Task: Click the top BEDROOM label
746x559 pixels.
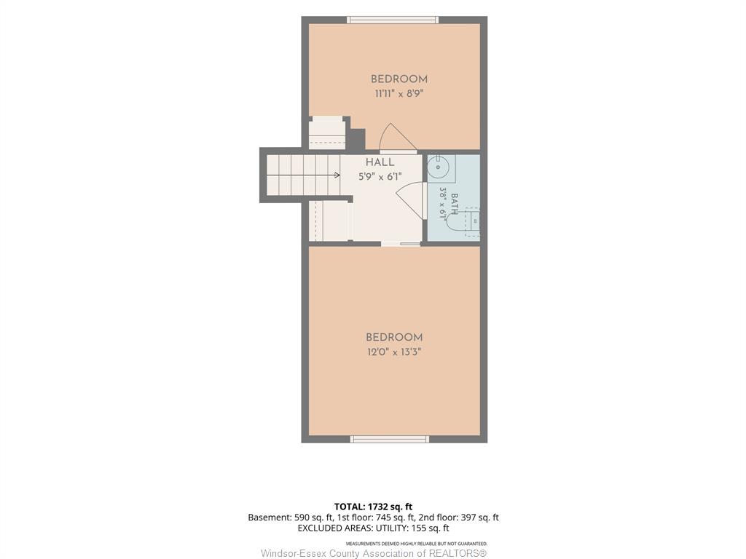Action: click(398, 79)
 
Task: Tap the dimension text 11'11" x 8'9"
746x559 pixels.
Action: click(398, 94)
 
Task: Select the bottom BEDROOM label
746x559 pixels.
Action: click(394, 338)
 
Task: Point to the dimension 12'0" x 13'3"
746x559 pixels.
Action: click(394, 352)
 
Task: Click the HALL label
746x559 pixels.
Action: click(380, 162)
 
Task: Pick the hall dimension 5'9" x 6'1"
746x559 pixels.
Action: click(380, 177)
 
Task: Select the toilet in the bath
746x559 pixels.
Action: click(463, 222)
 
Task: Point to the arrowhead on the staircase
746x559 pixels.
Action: click(337, 175)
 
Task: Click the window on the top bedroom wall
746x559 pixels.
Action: click(393, 20)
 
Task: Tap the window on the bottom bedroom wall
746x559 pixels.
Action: click(390, 439)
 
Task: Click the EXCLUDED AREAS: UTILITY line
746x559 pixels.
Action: click(373, 528)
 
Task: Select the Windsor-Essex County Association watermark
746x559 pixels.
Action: click(374, 553)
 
